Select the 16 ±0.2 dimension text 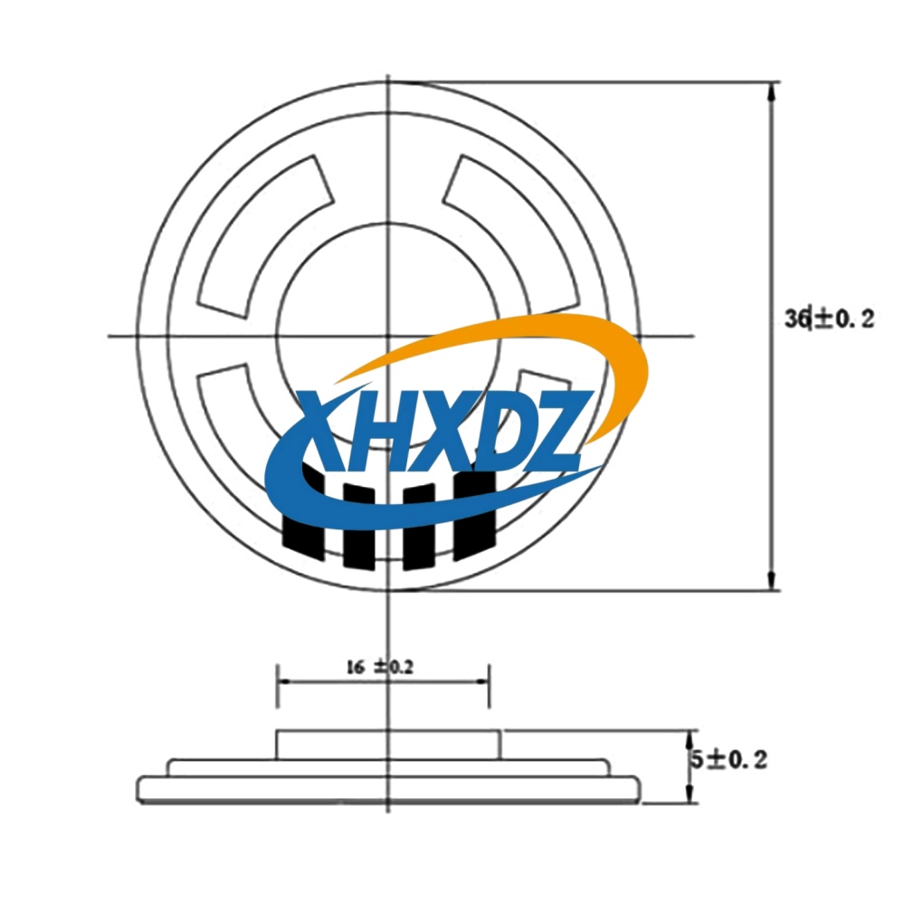[380, 667]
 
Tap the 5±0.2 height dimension [729, 759]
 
